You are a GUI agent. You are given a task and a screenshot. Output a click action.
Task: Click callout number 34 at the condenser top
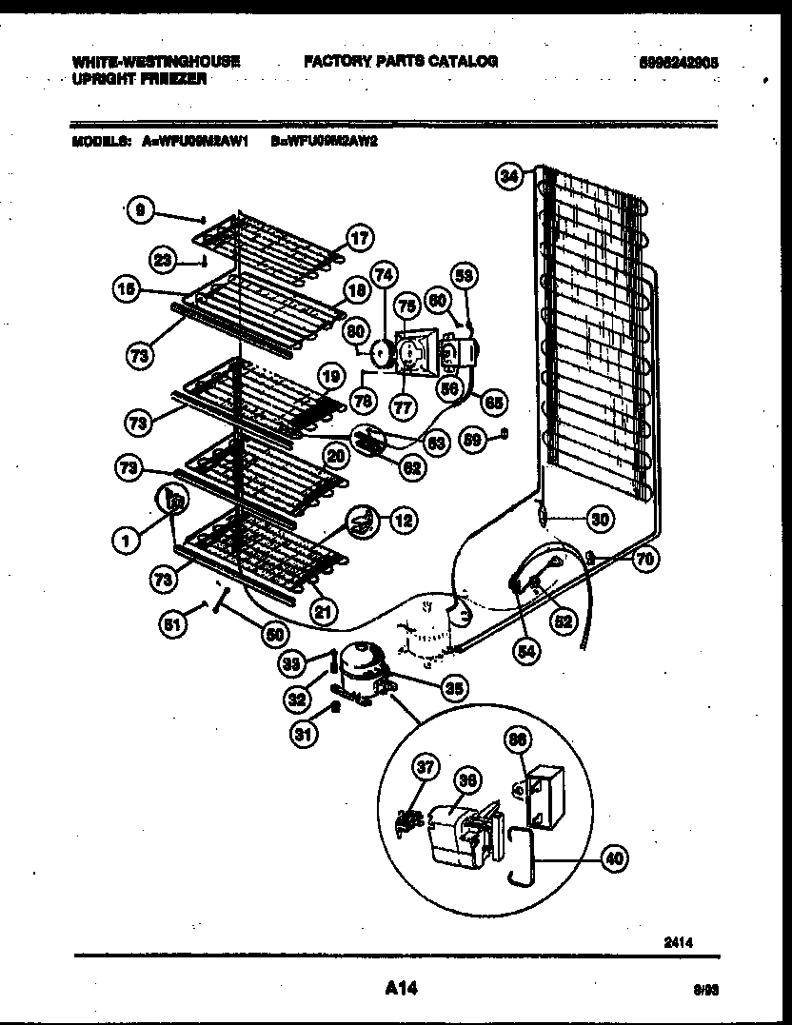tap(510, 175)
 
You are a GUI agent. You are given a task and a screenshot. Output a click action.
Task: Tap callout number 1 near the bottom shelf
tap(126, 540)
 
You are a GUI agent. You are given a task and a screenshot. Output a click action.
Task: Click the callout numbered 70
tap(644, 560)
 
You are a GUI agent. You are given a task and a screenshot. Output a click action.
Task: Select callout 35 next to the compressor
tap(455, 688)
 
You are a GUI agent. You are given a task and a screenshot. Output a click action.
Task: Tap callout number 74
tap(384, 274)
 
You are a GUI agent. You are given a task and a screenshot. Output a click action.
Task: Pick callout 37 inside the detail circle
tap(426, 768)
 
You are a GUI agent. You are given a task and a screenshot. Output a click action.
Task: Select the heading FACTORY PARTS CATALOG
tap(401, 62)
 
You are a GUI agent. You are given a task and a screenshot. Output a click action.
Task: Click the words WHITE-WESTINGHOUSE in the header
tap(156, 62)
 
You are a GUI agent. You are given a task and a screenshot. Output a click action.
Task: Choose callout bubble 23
tap(165, 258)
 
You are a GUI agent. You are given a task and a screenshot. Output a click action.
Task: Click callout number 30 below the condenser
tap(599, 519)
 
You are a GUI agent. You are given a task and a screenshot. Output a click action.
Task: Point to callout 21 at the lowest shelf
tap(325, 613)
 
